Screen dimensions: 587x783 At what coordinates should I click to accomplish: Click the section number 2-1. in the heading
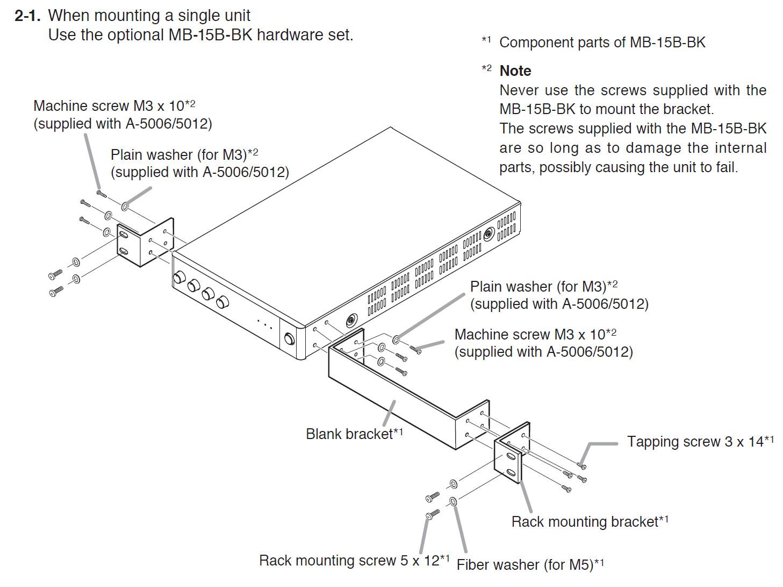pos(27,16)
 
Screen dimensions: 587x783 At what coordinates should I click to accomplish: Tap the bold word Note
pos(515,71)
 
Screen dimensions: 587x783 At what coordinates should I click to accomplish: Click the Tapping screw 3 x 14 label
pos(700,442)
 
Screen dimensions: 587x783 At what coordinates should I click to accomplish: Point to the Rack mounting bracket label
pos(589,521)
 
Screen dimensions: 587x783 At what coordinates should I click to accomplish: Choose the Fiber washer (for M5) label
pos(530,565)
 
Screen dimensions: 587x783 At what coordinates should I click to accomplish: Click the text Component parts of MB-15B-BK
pos(602,43)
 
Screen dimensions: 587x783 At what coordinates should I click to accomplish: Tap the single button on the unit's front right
pos(289,339)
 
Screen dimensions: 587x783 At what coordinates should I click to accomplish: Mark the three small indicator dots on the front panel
pos(265,323)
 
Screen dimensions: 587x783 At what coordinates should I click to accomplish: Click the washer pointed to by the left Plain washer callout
pos(125,206)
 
